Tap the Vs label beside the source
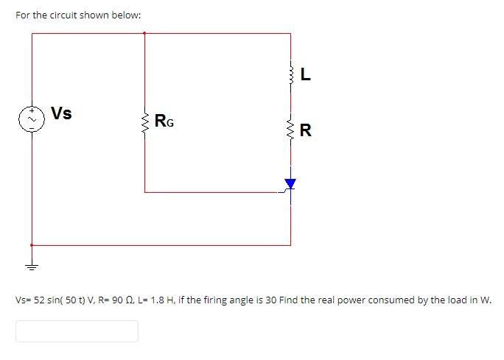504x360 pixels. (62, 113)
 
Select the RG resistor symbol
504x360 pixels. (144, 120)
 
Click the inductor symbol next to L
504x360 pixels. (291, 73)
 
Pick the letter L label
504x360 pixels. (306, 74)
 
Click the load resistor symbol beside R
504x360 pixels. (291, 130)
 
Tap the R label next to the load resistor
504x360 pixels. (306, 132)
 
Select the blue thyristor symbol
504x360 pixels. (290, 183)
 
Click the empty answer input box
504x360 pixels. (77, 331)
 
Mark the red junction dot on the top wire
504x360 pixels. (144, 33)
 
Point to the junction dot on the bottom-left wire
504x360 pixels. (32, 245)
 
